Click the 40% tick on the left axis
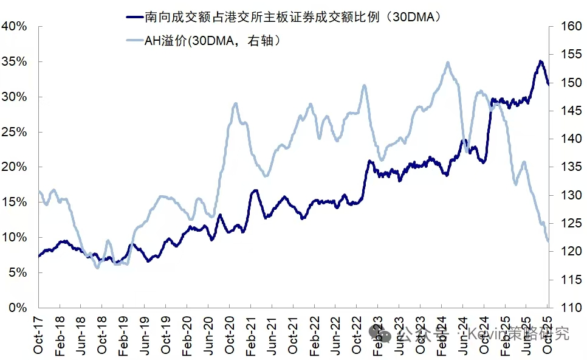coord(13,27)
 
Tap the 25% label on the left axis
coord(13,132)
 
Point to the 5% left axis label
coord(16,272)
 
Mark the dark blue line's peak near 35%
coord(540,61)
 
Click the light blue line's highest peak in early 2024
coord(448,62)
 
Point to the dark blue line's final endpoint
coord(549,85)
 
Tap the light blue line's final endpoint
coord(549,241)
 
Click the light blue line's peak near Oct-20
coord(236,103)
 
